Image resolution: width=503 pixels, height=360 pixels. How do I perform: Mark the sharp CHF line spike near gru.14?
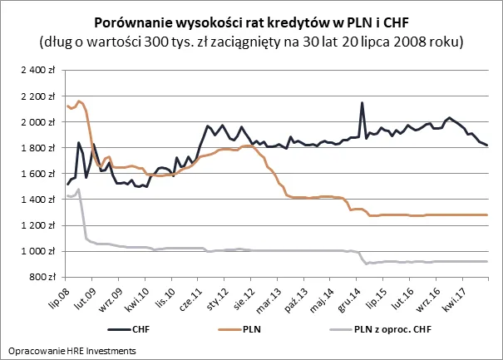click(x=362, y=103)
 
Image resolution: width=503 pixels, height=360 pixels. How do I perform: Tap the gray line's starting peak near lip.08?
click(x=78, y=190)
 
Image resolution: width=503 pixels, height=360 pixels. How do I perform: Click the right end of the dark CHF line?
click(x=487, y=145)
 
